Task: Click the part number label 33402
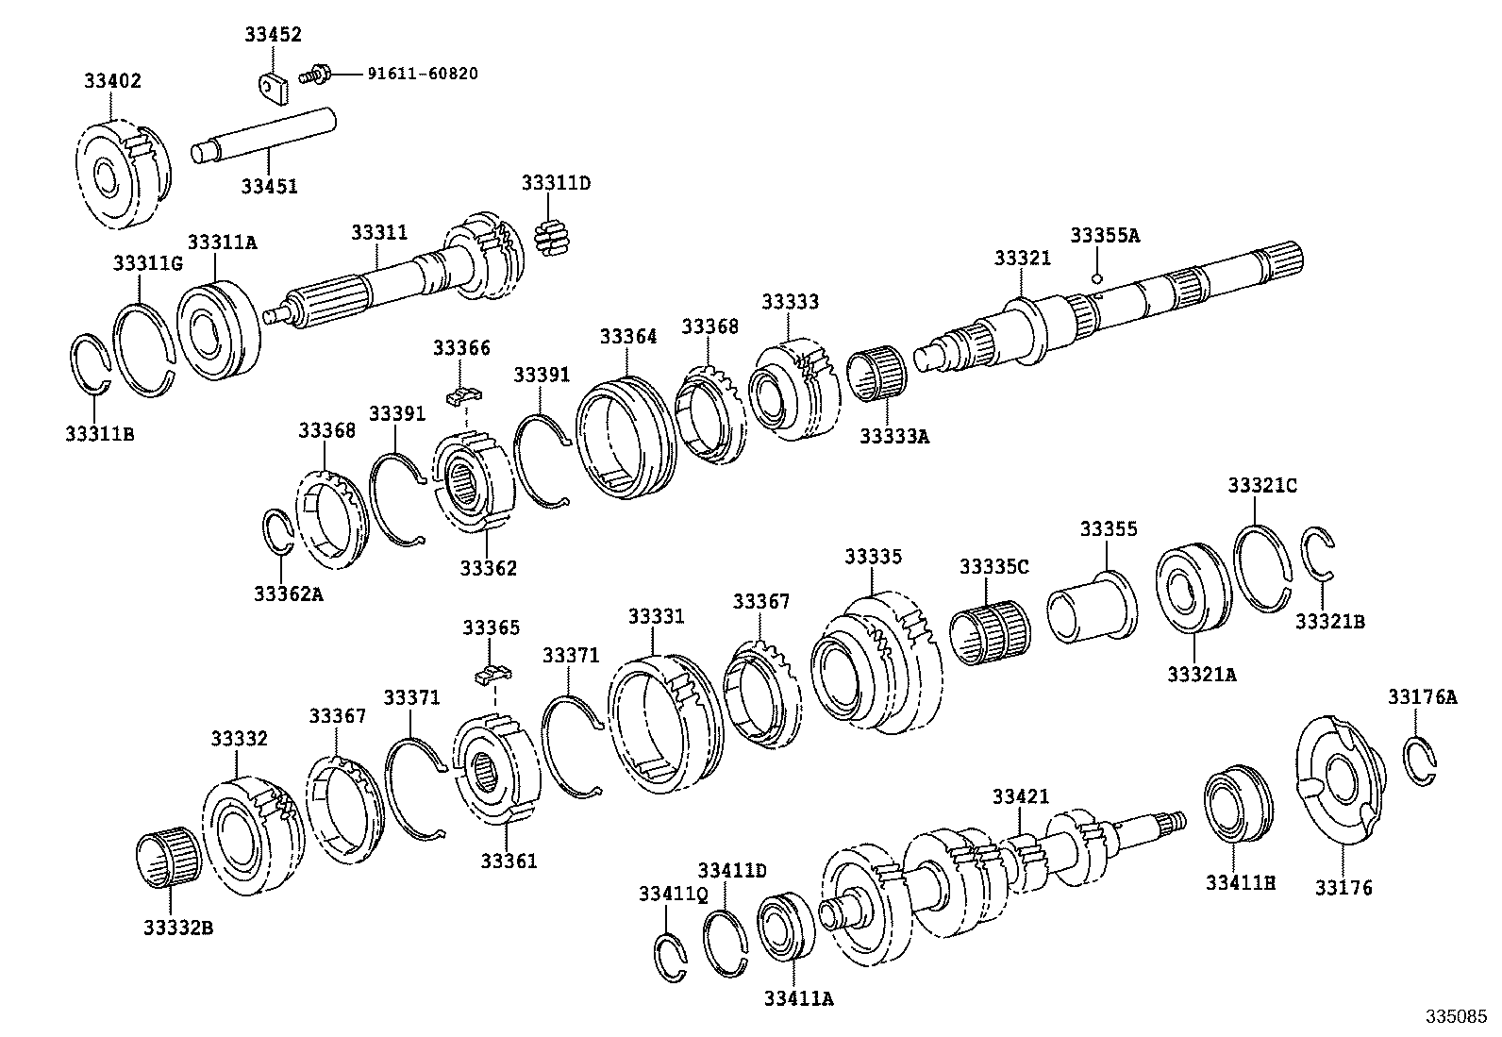click(x=112, y=81)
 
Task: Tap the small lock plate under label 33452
click(x=273, y=86)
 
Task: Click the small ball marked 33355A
click(x=1097, y=277)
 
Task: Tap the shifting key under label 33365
click(x=491, y=672)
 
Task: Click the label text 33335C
click(x=993, y=566)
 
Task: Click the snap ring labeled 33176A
click(x=1418, y=760)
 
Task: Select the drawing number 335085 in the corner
click(x=1456, y=1018)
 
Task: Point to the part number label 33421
click(x=1020, y=797)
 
